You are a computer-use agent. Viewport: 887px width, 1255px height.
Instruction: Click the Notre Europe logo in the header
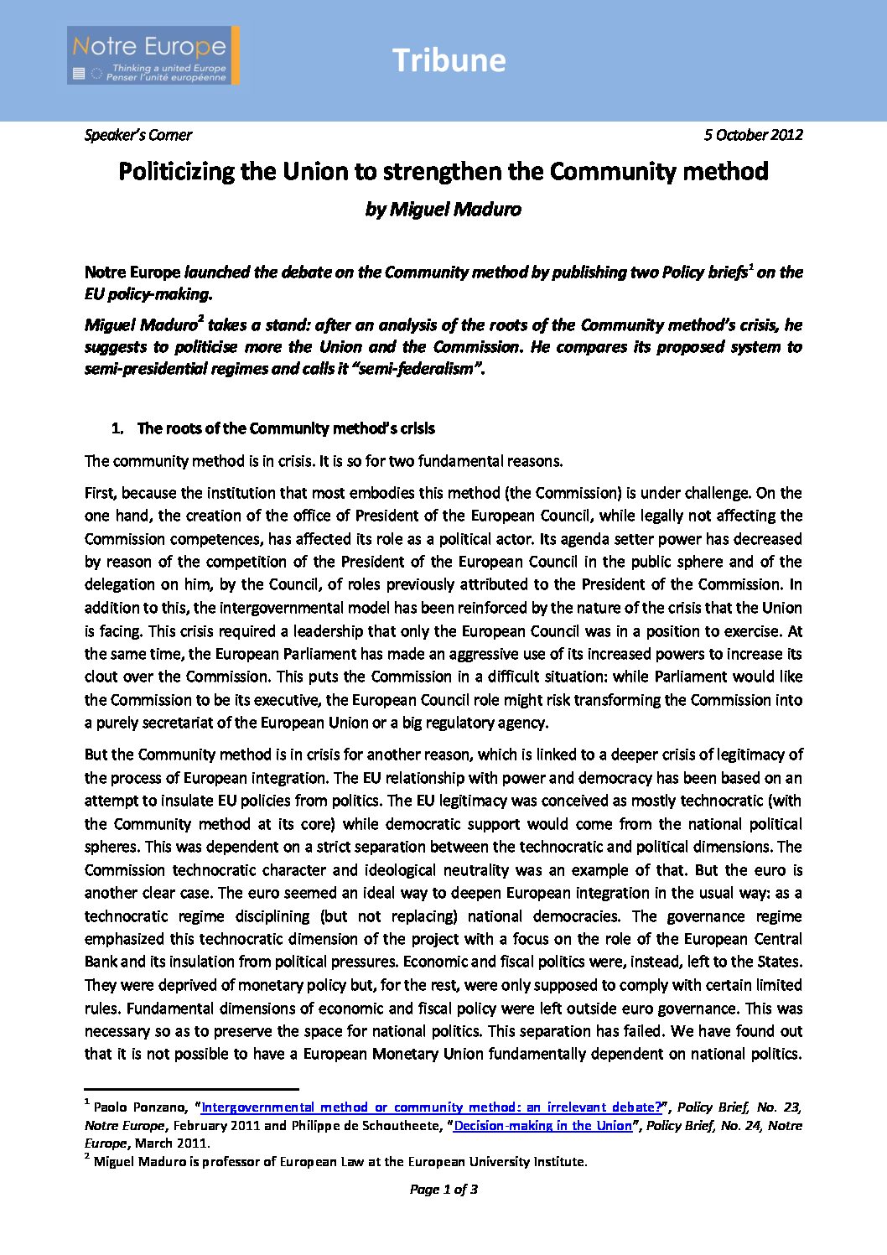[153, 55]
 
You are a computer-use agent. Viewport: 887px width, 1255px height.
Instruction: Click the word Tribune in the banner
[449, 60]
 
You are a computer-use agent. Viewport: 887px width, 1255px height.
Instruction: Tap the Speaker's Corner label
[138, 135]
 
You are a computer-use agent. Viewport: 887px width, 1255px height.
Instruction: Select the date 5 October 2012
[753, 135]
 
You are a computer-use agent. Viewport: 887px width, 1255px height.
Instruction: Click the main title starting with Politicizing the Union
[443, 172]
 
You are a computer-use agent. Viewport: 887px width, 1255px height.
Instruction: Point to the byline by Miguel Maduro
[443, 210]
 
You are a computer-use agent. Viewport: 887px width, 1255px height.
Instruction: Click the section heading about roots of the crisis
[285, 428]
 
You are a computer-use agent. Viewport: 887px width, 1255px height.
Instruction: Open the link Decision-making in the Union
[542, 1125]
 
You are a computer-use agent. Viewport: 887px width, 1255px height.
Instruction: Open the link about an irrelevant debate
[431, 1107]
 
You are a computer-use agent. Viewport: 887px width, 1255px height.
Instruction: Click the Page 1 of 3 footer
[443, 1189]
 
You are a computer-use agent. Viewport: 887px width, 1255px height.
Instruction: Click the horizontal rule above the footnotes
[191, 1088]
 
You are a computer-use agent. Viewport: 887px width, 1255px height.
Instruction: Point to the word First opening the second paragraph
[100, 493]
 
